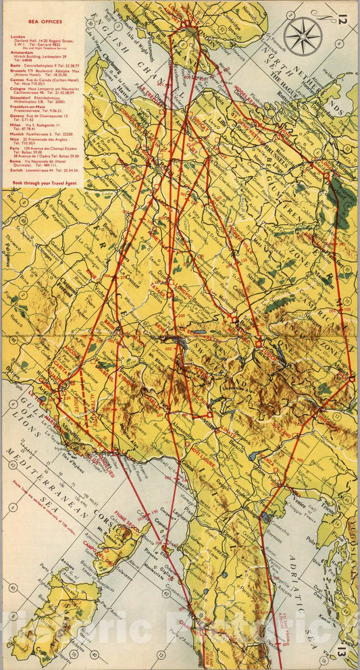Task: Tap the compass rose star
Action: click(303, 36)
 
